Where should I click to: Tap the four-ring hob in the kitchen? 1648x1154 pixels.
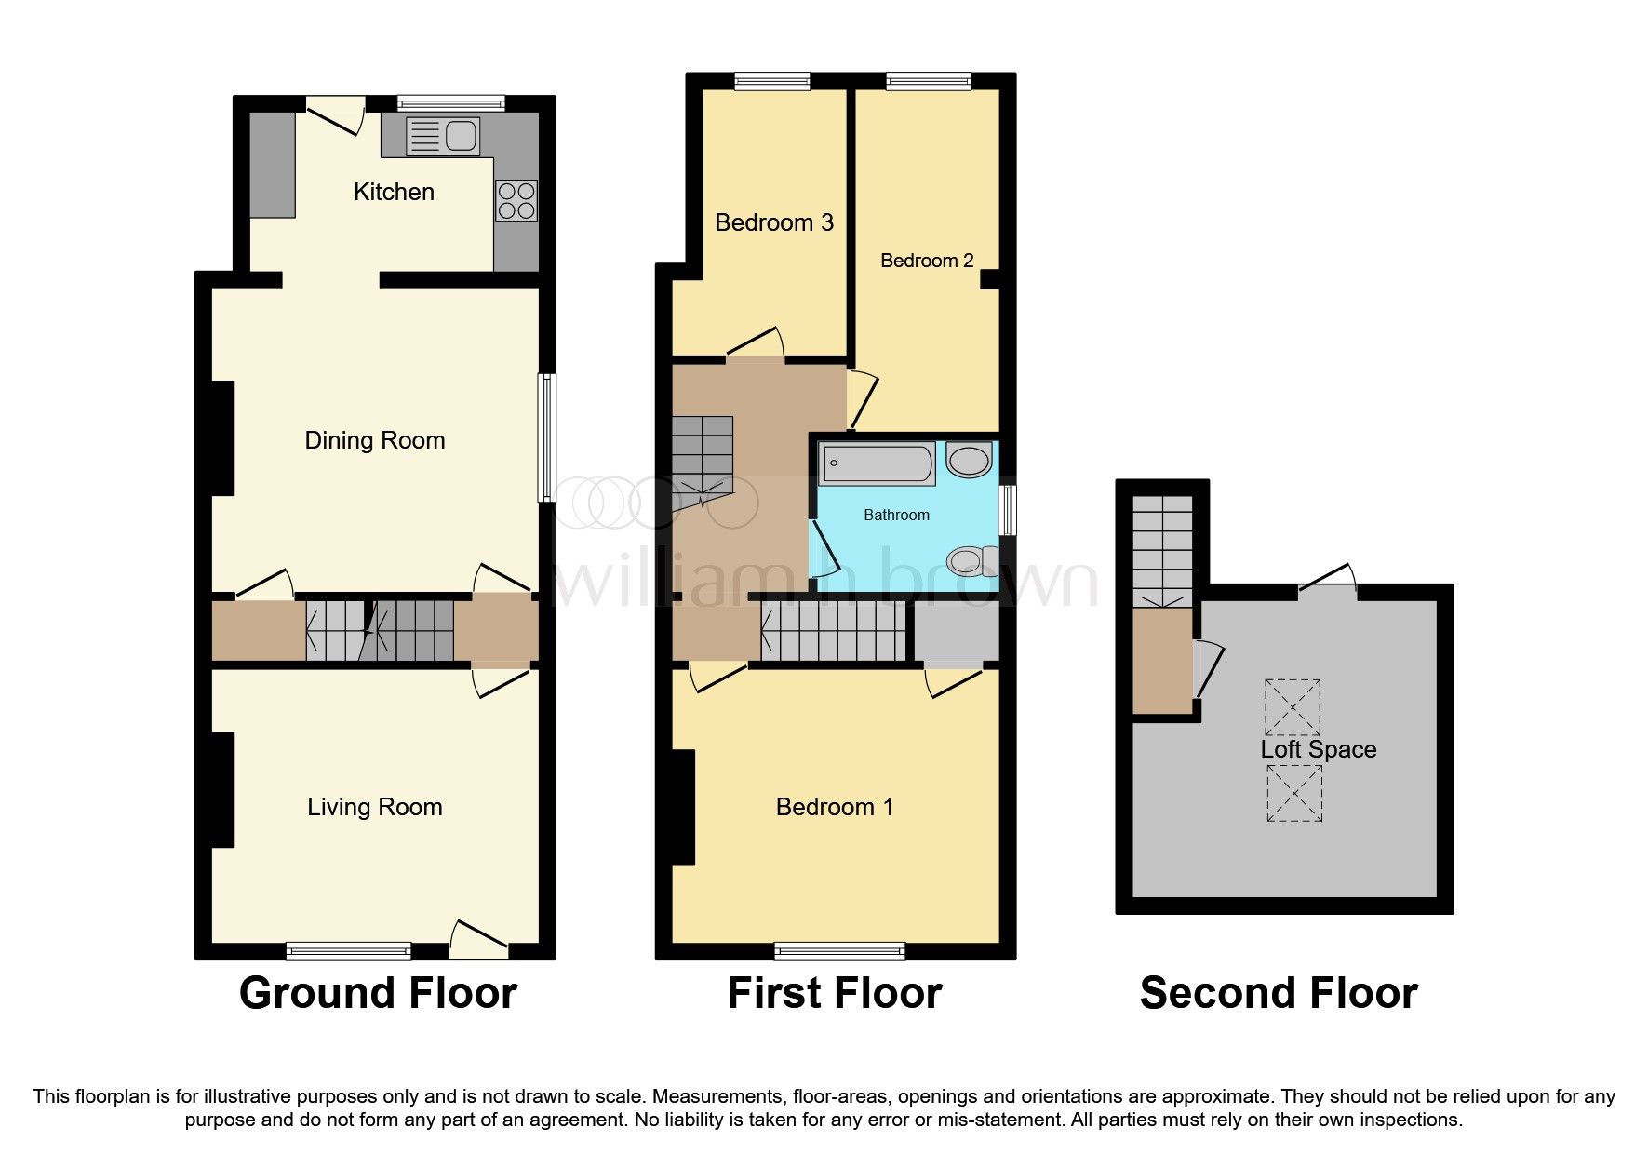[x=516, y=201]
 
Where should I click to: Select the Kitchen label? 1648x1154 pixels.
[x=394, y=192]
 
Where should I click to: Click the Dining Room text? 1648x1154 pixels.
[x=374, y=440]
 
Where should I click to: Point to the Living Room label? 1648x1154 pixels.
[x=374, y=807]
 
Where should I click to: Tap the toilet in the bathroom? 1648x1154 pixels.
[x=972, y=561]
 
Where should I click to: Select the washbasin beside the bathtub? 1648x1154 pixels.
[x=969, y=461]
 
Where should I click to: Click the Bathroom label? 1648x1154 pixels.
[x=896, y=515]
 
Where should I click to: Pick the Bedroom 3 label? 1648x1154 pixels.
[x=773, y=222]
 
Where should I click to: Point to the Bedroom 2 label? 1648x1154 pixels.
[x=927, y=261]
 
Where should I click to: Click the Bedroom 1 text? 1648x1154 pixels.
[x=835, y=807]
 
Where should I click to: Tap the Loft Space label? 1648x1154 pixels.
[x=1318, y=749]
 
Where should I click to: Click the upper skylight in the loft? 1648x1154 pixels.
[x=1293, y=707]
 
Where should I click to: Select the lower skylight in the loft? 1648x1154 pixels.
[x=1293, y=793]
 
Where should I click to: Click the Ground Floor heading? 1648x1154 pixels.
[x=378, y=993]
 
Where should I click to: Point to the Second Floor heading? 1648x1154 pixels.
[x=1279, y=993]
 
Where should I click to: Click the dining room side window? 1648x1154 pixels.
[x=548, y=438]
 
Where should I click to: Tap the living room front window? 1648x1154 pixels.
[x=349, y=950]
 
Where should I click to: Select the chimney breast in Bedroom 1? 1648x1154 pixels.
[x=683, y=807]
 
